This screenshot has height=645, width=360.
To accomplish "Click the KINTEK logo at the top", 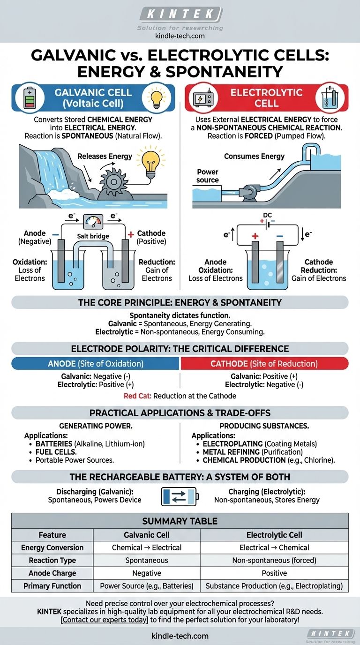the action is pyautogui.click(x=181, y=14).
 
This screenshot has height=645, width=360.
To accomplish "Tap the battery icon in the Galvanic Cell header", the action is pyautogui.click(x=30, y=98).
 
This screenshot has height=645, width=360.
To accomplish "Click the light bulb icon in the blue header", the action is pyautogui.click(x=157, y=97).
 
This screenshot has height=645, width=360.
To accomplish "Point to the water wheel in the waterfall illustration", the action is pyautogui.click(x=114, y=182).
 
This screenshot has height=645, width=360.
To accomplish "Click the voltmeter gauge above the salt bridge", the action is pyautogui.click(x=93, y=221).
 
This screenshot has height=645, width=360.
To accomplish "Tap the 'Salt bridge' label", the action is pyautogui.click(x=93, y=236).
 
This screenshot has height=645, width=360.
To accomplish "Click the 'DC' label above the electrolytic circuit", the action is pyautogui.click(x=267, y=215).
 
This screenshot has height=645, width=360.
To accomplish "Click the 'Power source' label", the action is pyautogui.click(x=207, y=176).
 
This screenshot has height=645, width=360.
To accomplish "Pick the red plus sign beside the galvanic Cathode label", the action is pyautogui.click(x=131, y=234).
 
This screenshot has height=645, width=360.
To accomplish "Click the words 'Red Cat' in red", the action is pyautogui.click(x=137, y=396).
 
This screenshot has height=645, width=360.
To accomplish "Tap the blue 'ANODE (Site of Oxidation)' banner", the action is pyautogui.click(x=95, y=364).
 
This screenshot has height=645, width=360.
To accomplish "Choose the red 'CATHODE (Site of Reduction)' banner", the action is pyautogui.click(x=264, y=364).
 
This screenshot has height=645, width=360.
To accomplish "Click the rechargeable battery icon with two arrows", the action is pyautogui.click(x=180, y=496).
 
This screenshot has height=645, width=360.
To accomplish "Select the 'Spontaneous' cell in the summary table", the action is pyautogui.click(x=147, y=560).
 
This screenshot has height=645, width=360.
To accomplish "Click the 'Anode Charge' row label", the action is pyautogui.click(x=52, y=573).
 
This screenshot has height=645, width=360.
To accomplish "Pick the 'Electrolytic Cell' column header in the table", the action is pyautogui.click(x=274, y=535).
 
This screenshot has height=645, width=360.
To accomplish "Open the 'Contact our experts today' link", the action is pyautogui.click(x=105, y=619).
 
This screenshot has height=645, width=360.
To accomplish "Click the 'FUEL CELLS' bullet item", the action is pyautogui.click(x=56, y=452).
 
